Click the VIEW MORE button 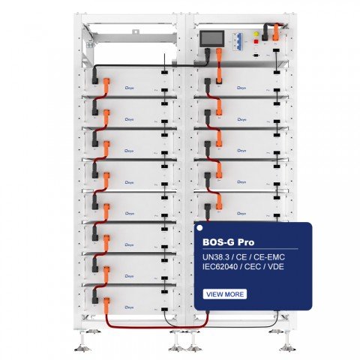point(224,294)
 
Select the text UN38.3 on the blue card point(217,259)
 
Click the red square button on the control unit point(263,34)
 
